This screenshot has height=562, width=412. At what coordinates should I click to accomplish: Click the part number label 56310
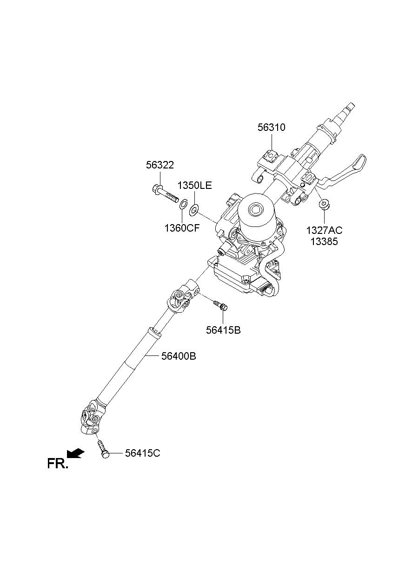tap(271, 128)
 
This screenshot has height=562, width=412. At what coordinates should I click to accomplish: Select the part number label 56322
tap(160, 165)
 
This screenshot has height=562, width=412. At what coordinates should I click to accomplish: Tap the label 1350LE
tap(194, 186)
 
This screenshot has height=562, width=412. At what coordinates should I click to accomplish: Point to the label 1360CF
tap(182, 228)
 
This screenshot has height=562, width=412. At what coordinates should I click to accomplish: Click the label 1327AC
tap(324, 230)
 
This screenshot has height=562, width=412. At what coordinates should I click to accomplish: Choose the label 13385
tap(324, 242)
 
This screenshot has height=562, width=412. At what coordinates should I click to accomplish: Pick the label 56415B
tap(223, 330)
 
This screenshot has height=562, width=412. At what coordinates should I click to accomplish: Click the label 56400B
tap(179, 356)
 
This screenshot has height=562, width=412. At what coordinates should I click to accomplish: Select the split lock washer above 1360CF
tap(183, 203)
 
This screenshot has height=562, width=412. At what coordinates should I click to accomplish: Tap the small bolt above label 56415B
tap(220, 306)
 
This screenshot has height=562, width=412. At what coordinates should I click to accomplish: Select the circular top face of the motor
tap(255, 208)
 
